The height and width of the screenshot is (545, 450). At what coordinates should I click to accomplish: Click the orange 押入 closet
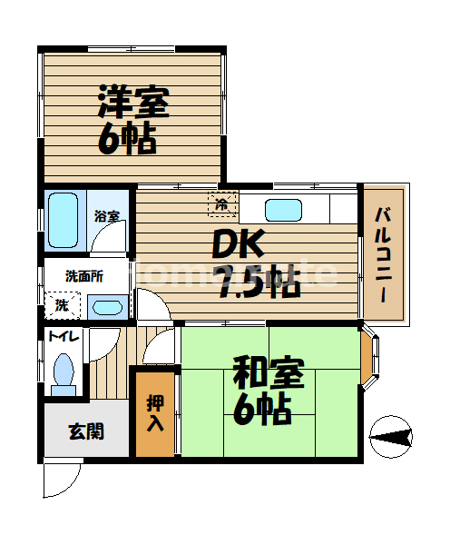pyautogui.click(x=154, y=414)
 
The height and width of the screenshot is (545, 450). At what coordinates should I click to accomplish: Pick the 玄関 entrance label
pyautogui.click(x=85, y=430)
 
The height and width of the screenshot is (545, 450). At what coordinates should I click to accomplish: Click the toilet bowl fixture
pyautogui.click(x=64, y=373)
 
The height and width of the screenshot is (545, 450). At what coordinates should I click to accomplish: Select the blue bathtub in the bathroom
pyautogui.click(x=64, y=220)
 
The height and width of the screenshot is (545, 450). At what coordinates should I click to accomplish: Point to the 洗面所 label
pyautogui.click(x=83, y=275)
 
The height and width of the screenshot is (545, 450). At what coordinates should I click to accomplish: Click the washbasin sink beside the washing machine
pyautogui.click(x=107, y=306)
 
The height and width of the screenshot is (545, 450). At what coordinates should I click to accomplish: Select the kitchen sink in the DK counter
pyautogui.click(x=284, y=210)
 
